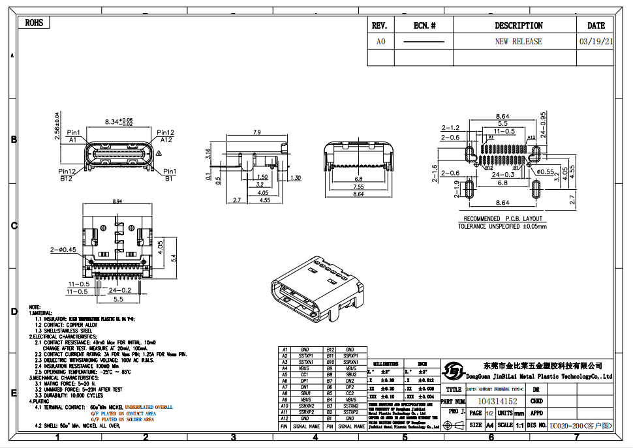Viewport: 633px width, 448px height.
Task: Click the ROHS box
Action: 34,23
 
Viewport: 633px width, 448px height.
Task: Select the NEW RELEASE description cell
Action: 518,41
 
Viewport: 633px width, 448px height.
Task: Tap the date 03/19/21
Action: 596,41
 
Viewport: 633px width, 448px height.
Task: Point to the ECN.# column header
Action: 424,25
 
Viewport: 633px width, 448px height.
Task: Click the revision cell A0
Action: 380,41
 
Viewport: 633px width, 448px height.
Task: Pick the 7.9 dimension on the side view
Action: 256,132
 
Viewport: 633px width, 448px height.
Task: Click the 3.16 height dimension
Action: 208,154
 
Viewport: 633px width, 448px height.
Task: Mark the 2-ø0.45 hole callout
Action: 63,249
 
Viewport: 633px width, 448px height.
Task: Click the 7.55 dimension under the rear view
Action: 358,187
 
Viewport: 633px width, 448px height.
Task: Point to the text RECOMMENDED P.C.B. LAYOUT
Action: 502,218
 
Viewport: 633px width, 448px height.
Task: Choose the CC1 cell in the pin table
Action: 304,374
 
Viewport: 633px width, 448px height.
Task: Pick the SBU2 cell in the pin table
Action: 350,374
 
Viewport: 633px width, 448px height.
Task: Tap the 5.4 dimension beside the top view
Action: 174,258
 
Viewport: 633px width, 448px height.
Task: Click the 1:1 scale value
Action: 519,425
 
